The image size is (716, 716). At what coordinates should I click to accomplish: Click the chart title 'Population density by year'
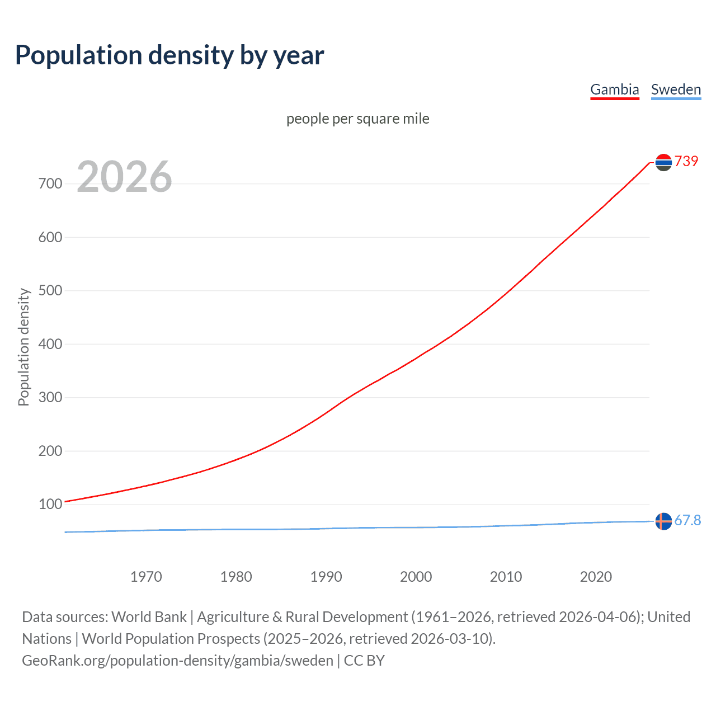pos(169,55)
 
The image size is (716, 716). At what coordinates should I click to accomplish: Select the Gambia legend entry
pos(614,89)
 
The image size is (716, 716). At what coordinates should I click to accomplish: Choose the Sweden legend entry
pos(676,89)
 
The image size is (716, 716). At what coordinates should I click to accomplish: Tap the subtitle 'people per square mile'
pos(357,119)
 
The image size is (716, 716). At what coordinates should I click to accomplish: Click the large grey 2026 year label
pos(124,177)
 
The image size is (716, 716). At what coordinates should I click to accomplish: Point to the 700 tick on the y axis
pos(50,183)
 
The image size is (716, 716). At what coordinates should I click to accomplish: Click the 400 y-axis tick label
pos(50,344)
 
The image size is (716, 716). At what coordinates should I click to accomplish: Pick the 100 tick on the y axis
pos(50,504)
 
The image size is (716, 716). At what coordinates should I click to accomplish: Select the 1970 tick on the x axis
pos(146,577)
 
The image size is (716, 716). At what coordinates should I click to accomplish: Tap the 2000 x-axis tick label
pos(416,577)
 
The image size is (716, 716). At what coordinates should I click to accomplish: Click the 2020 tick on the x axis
pos(596,577)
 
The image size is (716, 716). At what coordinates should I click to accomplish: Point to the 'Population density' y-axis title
pos(23,347)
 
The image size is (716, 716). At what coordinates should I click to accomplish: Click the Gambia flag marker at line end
pos(663,162)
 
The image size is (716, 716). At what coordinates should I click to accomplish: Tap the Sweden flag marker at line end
pos(663,521)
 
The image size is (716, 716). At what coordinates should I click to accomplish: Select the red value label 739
pos(686,161)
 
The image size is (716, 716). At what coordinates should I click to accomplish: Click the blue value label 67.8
pos(687,520)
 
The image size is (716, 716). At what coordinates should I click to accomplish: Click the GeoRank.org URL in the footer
pos(177,660)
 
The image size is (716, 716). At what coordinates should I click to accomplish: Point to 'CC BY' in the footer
pos(364,660)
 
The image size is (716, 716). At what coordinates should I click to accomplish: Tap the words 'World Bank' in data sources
pos(149,616)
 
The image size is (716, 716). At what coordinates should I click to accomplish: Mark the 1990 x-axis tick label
pos(326,577)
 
